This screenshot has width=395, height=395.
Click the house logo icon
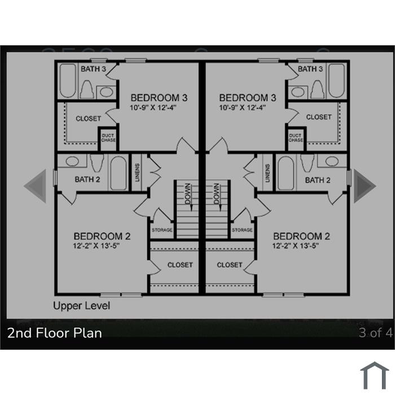[375, 376]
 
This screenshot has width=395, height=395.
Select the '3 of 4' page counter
[375, 332]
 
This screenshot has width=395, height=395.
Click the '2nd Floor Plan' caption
[55, 333]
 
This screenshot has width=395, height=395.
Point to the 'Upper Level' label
[82, 306]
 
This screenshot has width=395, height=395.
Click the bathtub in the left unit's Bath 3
[68, 81]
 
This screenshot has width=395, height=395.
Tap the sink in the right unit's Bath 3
[298, 92]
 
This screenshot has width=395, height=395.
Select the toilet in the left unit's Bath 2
[97, 163]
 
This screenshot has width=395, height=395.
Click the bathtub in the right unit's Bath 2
[286, 173]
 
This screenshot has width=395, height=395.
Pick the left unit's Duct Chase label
[108, 138]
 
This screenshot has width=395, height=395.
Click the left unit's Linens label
[137, 173]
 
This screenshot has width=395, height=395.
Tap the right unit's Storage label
[242, 230]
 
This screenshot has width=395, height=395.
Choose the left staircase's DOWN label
[188, 194]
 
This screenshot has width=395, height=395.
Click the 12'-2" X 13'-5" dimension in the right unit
[296, 245]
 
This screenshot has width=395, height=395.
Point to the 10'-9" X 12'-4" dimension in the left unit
[153, 108]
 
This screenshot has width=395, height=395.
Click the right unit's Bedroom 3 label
[248, 98]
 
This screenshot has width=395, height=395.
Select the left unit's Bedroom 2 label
[102, 236]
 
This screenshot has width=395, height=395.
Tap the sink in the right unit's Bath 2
[332, 161]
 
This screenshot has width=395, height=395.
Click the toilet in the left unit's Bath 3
[87, 89]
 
